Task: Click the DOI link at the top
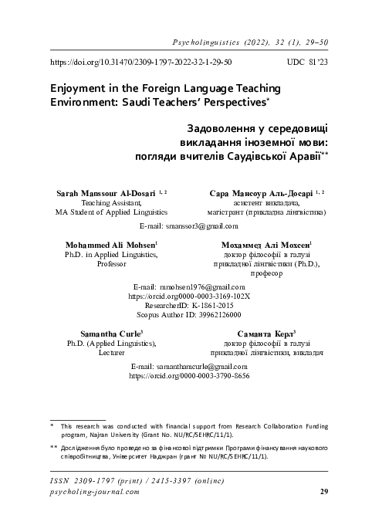coord(141,59)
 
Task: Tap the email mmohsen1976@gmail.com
coord(187,286)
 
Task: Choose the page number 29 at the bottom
coord(324,491)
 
